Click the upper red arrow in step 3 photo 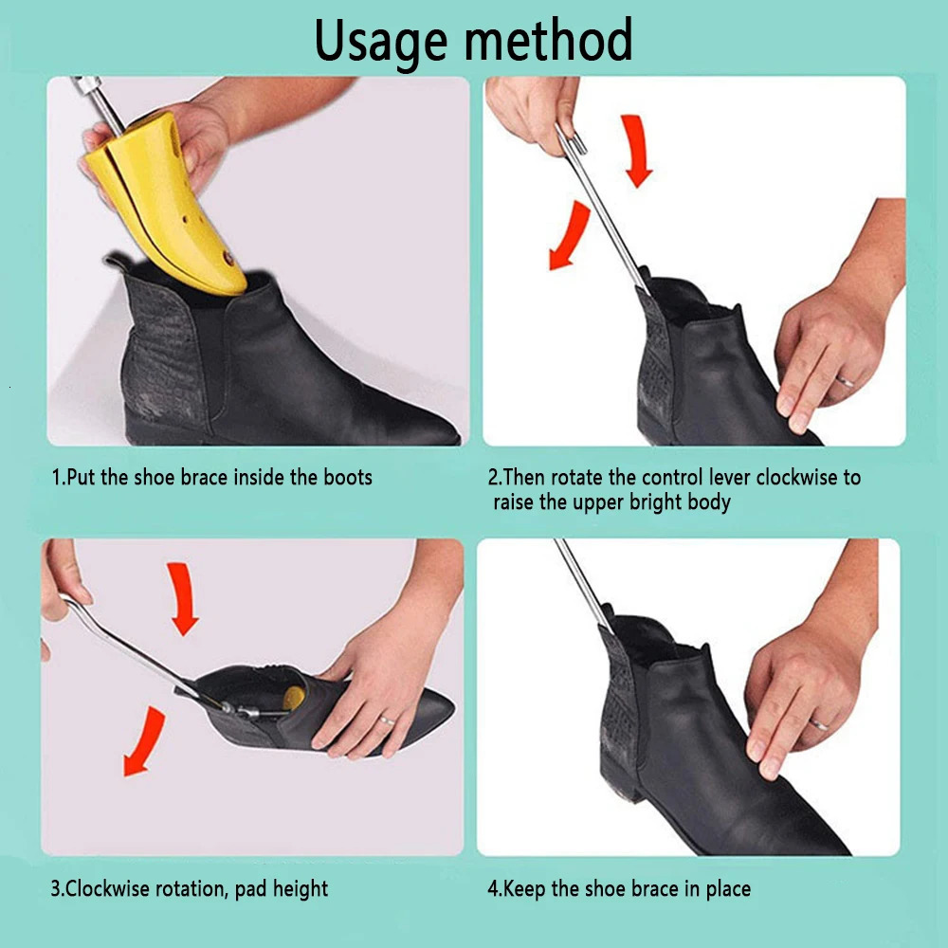(182, 597)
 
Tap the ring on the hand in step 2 (846, 381)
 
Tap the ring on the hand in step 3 (386, 720)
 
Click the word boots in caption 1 (345, 477)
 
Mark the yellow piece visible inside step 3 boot (293, 693)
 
